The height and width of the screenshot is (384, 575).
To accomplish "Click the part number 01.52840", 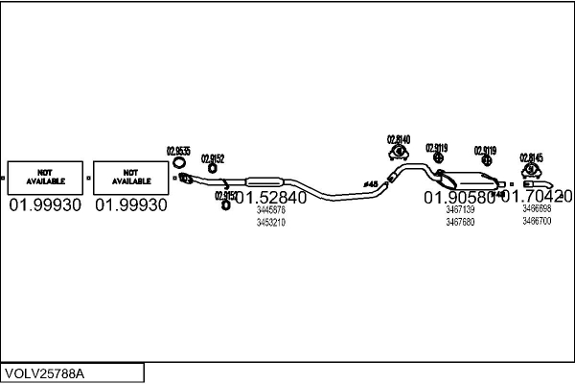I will pos(271,198).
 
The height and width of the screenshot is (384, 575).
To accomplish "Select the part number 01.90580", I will pos(459,198).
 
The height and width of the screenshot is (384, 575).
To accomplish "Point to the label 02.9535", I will pos(178,150).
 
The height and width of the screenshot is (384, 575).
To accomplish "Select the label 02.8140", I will pos(398,139).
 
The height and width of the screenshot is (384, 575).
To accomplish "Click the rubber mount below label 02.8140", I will pos(398,153).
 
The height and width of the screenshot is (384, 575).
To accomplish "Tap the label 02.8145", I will pos(531,157).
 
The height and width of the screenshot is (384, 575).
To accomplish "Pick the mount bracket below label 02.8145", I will pos(531,170).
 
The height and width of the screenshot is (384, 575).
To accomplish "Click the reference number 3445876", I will pos(271,210).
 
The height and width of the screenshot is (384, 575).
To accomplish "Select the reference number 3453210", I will pos(271,222).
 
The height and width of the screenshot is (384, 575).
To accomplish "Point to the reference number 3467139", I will pos(460,209).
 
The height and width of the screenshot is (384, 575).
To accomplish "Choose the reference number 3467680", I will pos(460,222).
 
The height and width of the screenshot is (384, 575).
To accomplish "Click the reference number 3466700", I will pos(537,221).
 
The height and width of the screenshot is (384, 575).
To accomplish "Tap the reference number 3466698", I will pos(537,208).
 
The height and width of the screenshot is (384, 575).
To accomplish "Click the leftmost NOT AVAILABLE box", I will pos(45,177).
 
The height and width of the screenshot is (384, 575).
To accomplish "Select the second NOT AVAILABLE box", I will pos(131,177).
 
